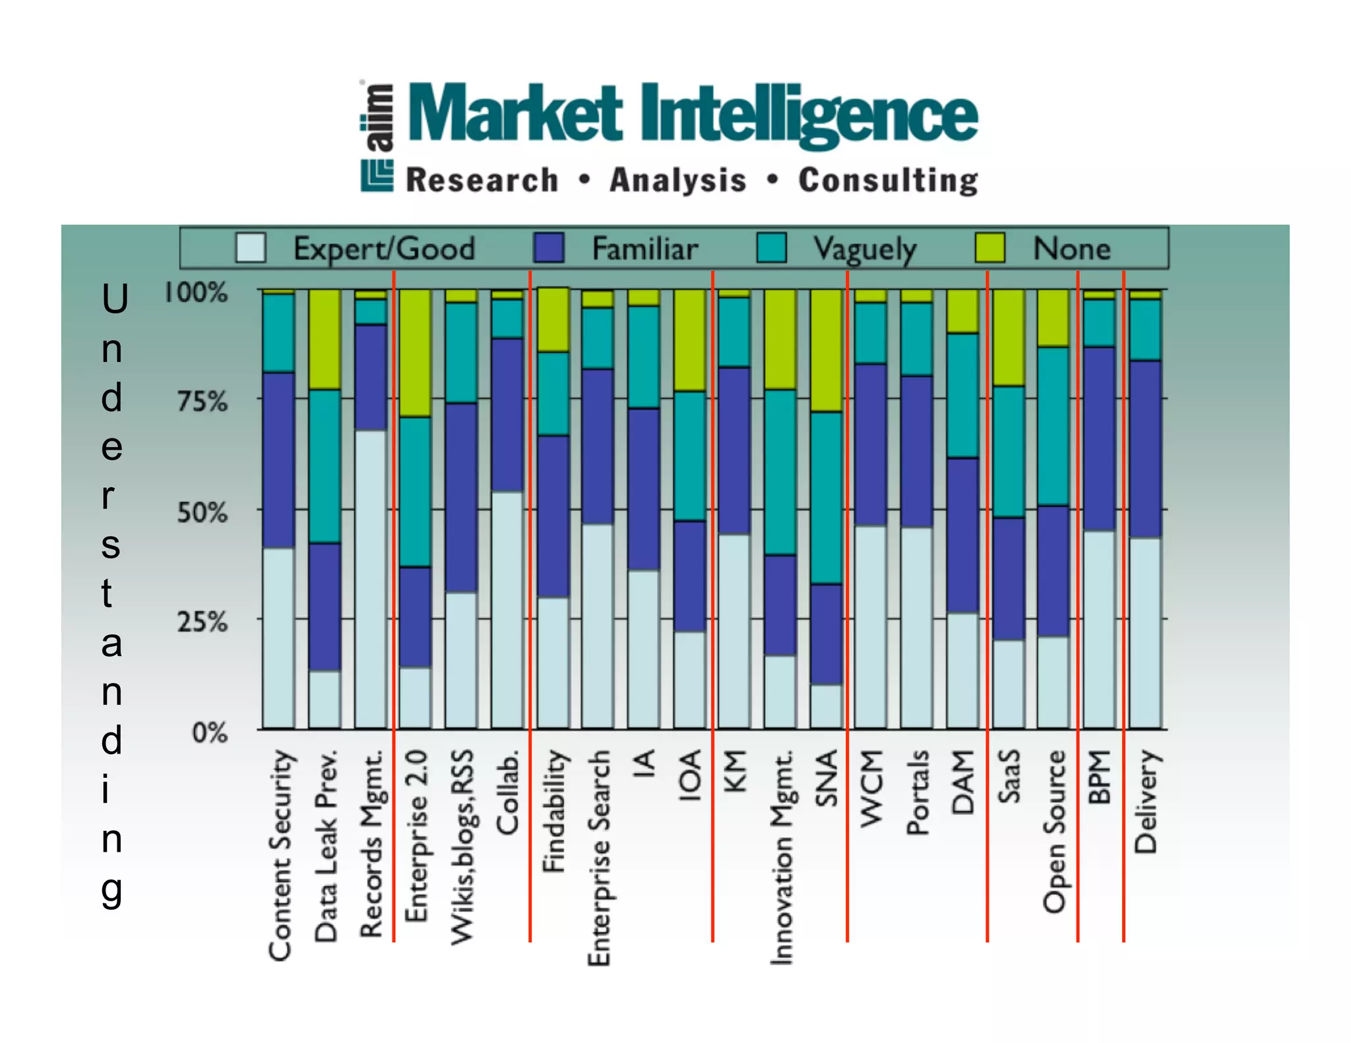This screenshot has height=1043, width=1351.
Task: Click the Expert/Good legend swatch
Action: click(x=251, y=249)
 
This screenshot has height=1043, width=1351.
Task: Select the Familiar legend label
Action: click(x=644, y=249)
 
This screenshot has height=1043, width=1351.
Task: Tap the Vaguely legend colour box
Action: click(x=771, y=249)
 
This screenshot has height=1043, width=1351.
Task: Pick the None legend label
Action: click(x=1071, y=249)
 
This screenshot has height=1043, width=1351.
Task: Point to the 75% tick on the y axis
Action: click(x=202, y=401)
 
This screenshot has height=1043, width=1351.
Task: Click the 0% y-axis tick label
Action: click(x=209, y=732)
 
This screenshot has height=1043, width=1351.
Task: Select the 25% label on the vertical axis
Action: click(x=202, y=622)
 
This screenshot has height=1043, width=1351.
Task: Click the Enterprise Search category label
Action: click(x=598, y=857)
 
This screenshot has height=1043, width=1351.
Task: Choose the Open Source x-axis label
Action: click(x=1054, y=831)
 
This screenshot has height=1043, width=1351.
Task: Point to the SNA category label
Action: click(x=827, y=777)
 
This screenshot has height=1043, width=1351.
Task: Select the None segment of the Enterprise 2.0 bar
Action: click(x=416, y=353)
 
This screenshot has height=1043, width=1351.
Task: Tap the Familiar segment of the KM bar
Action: click(x=734, y=450)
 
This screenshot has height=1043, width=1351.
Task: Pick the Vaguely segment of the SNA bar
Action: click(x=827, y=498)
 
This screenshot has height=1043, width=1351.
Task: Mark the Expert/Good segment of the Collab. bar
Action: click(x=507, y=610)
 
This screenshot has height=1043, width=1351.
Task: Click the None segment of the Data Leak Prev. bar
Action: click(x=325, y=340)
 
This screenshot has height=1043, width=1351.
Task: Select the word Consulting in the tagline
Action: click(x=888, y=181)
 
